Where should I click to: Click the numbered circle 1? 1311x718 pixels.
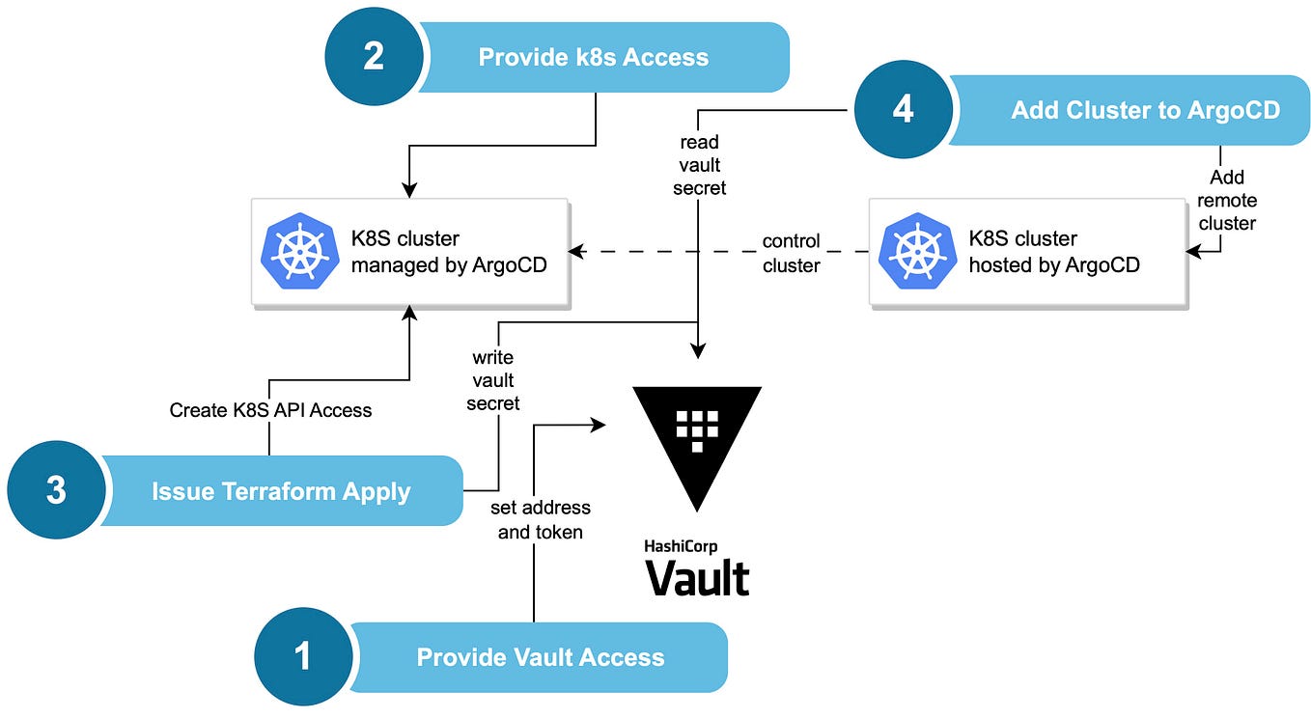coord(302,657)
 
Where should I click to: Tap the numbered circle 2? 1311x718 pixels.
coord(374,57)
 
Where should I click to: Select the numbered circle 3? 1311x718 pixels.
coord(56,490)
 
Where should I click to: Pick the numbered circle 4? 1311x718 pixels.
coord(903,110)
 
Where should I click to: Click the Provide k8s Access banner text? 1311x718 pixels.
coord(593,58)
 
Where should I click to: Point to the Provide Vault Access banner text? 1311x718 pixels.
coord(540,658)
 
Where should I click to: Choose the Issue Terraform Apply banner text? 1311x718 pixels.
coord(281,491)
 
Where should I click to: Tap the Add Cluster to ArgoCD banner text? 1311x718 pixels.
coord(1145,111)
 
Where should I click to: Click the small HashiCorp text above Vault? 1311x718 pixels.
coord(681,546)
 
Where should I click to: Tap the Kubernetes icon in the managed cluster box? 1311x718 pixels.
coord(299,251)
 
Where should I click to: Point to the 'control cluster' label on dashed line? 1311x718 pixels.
coord(791,253)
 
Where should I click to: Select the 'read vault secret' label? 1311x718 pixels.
coord(698,165)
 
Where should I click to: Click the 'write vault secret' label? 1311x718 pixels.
coord(493,380)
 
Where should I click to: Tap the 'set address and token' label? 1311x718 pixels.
coord(540,519)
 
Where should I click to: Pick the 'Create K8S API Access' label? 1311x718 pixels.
coord(270,410)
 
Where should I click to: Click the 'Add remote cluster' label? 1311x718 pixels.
coord(1226,200)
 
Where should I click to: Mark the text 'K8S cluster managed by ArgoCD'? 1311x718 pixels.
coord(449,251)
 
